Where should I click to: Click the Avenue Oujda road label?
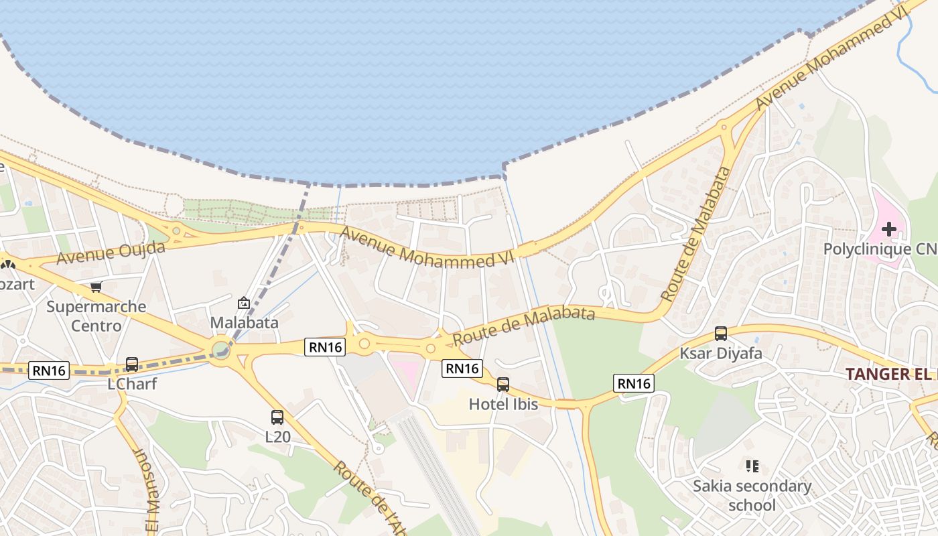click(x=111, y=253)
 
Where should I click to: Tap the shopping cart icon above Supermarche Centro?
click(x=96, y=287)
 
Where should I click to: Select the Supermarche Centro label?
click(x=96, y=316)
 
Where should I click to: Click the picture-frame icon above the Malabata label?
click(x=244, y=303)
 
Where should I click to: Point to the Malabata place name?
click(x=244, y=322)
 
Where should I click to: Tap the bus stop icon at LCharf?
click(x=132, y=364)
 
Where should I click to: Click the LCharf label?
click(x=132, y=385)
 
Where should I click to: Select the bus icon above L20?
click(x=277, y=417)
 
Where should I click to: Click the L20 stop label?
click(x=278, y=437)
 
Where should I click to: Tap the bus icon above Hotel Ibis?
click(x=503, y=385)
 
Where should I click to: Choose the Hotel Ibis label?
click(x=503, y=404)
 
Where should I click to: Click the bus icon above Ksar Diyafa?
click(x=721, y=333)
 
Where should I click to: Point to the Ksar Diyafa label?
click(x=721, y=353)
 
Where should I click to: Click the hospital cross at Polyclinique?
click(x=889, y=230)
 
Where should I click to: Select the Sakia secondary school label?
click(x=752, y=495)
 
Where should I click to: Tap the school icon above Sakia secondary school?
click(x=752, y=466)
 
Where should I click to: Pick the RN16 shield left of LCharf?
click(x=49, y=370)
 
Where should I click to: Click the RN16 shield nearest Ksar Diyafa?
click(x=633, y=383)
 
